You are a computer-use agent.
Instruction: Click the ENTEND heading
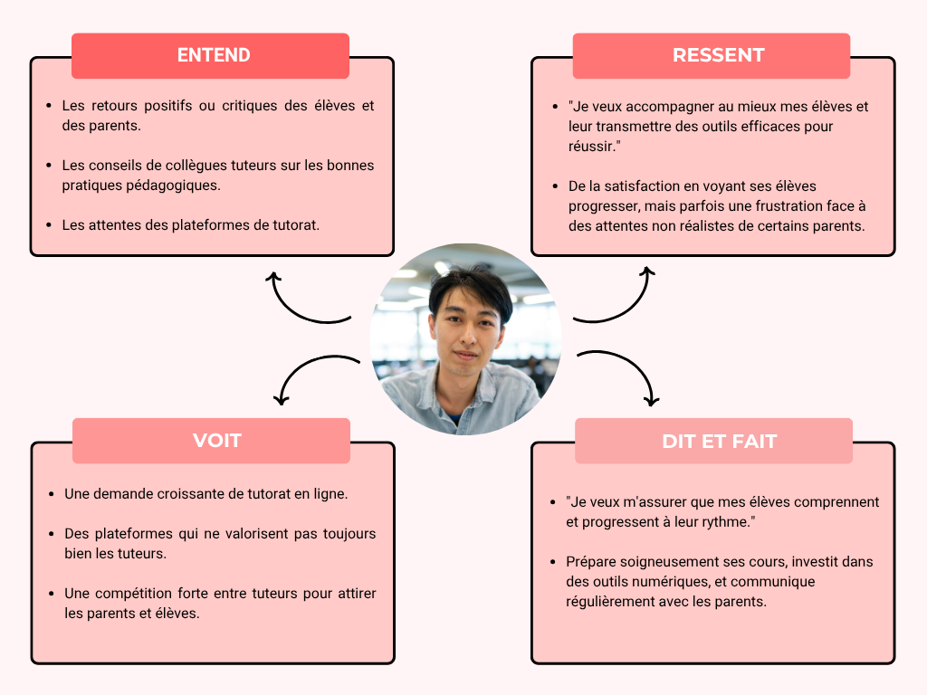214,55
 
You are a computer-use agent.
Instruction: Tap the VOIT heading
217,441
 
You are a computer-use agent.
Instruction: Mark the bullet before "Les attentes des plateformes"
49,224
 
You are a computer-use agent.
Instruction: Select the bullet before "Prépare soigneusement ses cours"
553,562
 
